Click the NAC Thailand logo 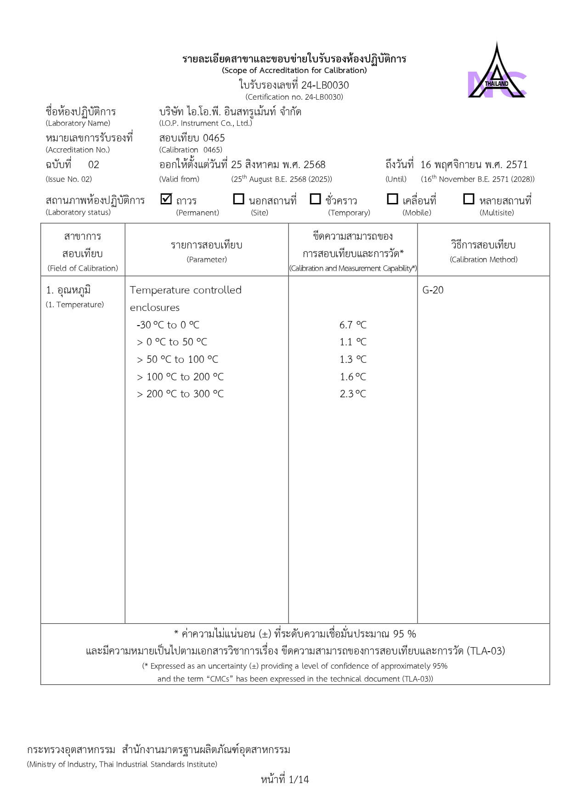point(497,73)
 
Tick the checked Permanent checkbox point(166,199)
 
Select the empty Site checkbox point(238,199)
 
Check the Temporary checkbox point(315,199)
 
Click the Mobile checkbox point(392,199)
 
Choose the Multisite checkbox point(468,199)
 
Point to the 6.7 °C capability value point(353,325)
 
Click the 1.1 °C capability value point(353,342)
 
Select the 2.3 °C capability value point(353,394)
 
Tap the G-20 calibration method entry point(433,290)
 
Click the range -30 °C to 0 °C point(168,325)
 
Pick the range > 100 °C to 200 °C point(180,377)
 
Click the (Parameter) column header point(207,259)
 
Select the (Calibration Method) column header point(484,259)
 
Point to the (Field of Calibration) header point(83,268)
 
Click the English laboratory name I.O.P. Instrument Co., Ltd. point(206,123)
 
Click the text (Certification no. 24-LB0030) point(294,97)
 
